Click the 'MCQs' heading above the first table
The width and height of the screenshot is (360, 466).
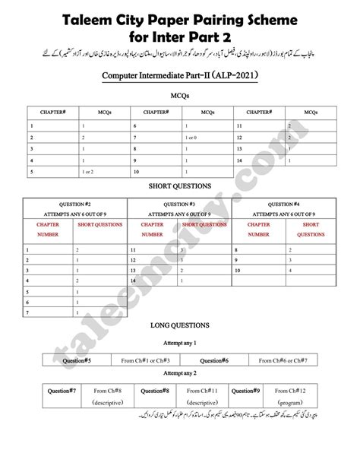[x=180, y=97]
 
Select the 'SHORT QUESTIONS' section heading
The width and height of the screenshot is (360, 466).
[x=179, y=185]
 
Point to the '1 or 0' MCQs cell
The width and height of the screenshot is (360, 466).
[x=194, y=137]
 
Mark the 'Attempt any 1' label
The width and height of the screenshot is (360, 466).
[x=180, y=343]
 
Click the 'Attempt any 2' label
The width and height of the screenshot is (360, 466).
[x=180, y=373]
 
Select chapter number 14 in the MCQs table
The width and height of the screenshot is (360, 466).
[x=240, y=160]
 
